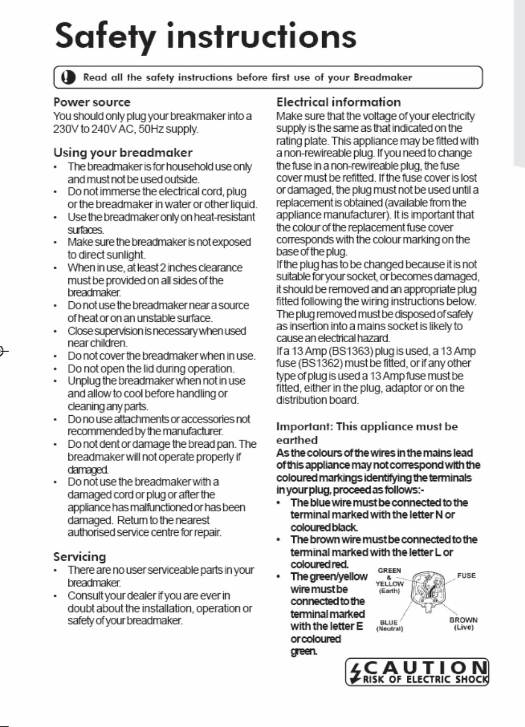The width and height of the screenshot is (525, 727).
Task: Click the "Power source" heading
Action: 92,102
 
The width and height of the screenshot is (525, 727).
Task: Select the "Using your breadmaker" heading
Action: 123,153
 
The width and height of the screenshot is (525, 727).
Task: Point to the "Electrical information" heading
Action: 338,102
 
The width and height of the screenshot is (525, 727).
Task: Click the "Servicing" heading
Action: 79,556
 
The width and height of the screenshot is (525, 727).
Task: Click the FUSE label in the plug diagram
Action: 466,576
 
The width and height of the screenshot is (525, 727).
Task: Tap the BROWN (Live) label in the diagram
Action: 463,623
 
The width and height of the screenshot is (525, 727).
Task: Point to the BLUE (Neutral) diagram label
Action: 389,625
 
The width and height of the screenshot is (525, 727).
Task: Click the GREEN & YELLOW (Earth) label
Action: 389,581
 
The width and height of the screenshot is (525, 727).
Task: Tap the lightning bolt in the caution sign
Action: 356,672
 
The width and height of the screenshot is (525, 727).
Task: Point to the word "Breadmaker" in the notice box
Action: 383,78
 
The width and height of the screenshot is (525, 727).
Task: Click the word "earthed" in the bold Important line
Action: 297,440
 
